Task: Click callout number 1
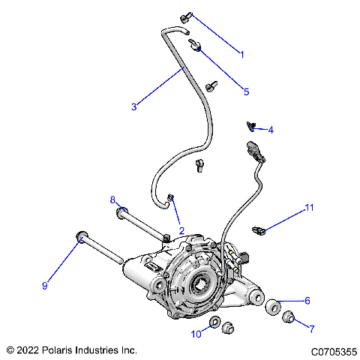(241, 53)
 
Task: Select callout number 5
(245, 92)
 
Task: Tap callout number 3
(133, 107)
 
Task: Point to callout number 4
(271, 130)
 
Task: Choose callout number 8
(113, 199)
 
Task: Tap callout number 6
(307, 300)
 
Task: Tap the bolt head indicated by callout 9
(80, 239)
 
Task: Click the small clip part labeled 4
(252, 125)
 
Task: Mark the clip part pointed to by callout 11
(259, 229)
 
